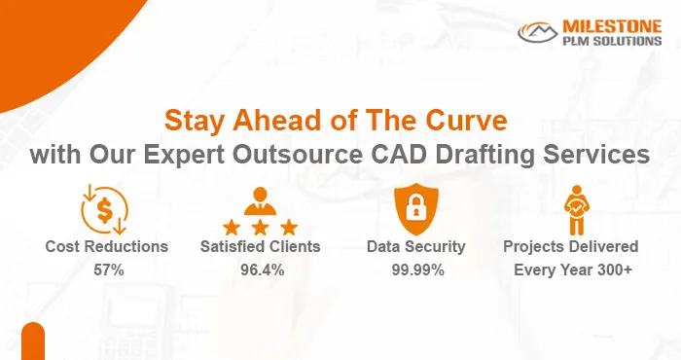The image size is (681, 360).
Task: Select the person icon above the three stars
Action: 262,199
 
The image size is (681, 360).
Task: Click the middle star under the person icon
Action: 262,228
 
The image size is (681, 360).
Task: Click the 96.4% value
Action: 262,270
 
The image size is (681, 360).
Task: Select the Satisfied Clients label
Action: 262,247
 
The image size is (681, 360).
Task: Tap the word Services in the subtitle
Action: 602,154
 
